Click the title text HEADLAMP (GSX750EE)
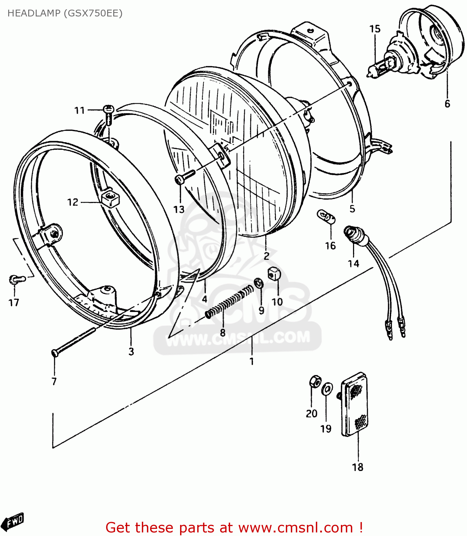65,13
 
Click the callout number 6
447,104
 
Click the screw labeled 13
184,177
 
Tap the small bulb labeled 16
326,217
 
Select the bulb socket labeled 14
354,236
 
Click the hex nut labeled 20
314,382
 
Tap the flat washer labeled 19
327,389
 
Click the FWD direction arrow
14,522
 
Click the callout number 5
352,209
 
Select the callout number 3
131,352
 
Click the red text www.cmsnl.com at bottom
295,528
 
